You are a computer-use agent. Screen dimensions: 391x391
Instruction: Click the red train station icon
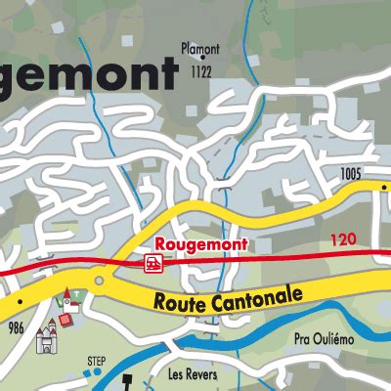coord(152,262)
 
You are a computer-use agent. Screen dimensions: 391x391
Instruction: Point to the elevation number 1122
coord(202,71)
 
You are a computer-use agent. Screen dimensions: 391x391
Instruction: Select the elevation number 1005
coord(352,174)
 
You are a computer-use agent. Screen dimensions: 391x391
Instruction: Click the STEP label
coord(96,361)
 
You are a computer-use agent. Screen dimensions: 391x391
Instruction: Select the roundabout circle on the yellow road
coord(98,282)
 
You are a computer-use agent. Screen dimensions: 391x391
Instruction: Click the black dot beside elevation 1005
coord(370,179)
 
